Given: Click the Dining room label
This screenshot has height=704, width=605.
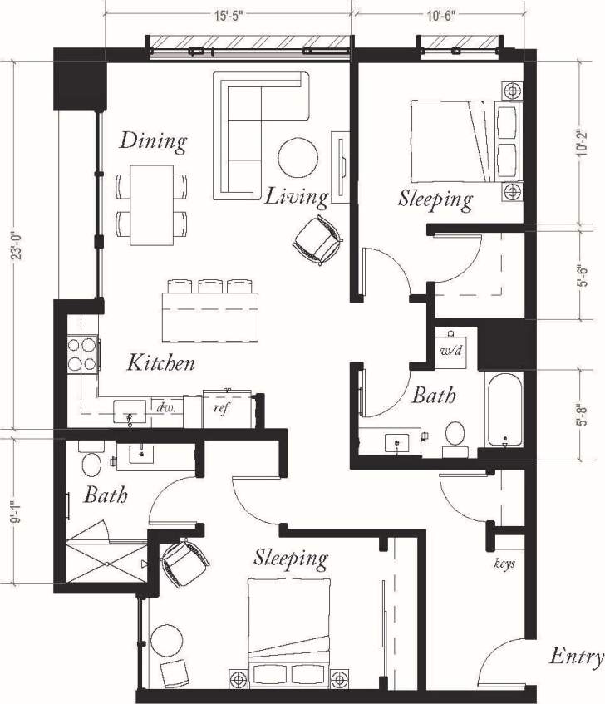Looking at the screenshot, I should coord(153,140).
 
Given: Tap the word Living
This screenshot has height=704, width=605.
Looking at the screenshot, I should coord(296,196).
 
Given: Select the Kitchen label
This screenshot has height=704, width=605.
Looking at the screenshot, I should coord(161,362).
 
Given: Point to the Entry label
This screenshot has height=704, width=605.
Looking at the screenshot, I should coord(576,657).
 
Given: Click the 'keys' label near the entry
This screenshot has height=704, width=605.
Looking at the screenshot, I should coord(504,563).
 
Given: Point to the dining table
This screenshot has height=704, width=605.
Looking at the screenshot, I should coord(151,204).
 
